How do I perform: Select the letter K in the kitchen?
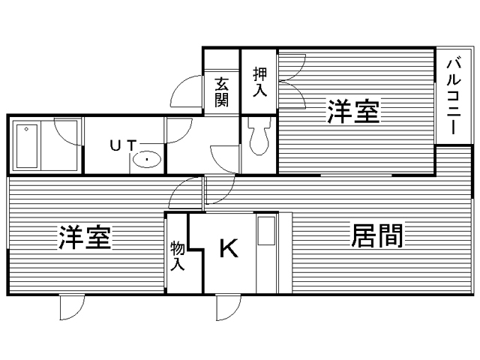[228, 248]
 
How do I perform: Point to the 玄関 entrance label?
[221, 91]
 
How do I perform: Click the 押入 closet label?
[259, 82]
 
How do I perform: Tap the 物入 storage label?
[177, 255]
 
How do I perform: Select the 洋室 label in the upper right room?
[352, 112]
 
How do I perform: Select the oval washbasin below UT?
[147, 159]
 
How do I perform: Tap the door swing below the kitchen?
[228, 307]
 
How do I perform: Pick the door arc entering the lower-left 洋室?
[184, 195]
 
